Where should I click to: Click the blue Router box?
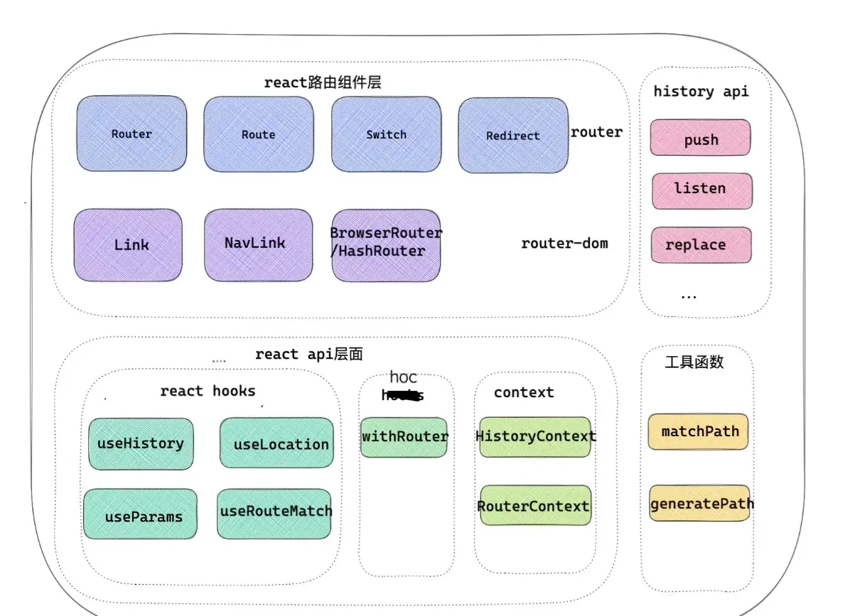(x=131, y=134)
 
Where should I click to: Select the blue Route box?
(x=258, y=134)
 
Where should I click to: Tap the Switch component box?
(x=386, y=134)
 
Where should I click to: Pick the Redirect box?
(x=512, y=136)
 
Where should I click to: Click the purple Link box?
(x=128, y=245)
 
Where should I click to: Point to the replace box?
(x=701, y=245)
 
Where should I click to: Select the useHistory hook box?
(x=141, y=443)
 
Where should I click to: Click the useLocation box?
(x=276, y=443)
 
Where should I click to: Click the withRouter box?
(x=404, y=437)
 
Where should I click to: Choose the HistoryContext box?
(x=535, y=436)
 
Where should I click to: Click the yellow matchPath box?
(x=698, y=431)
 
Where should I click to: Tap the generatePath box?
(x=700, y=504)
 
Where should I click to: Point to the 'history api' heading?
(x=701, y=91)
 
